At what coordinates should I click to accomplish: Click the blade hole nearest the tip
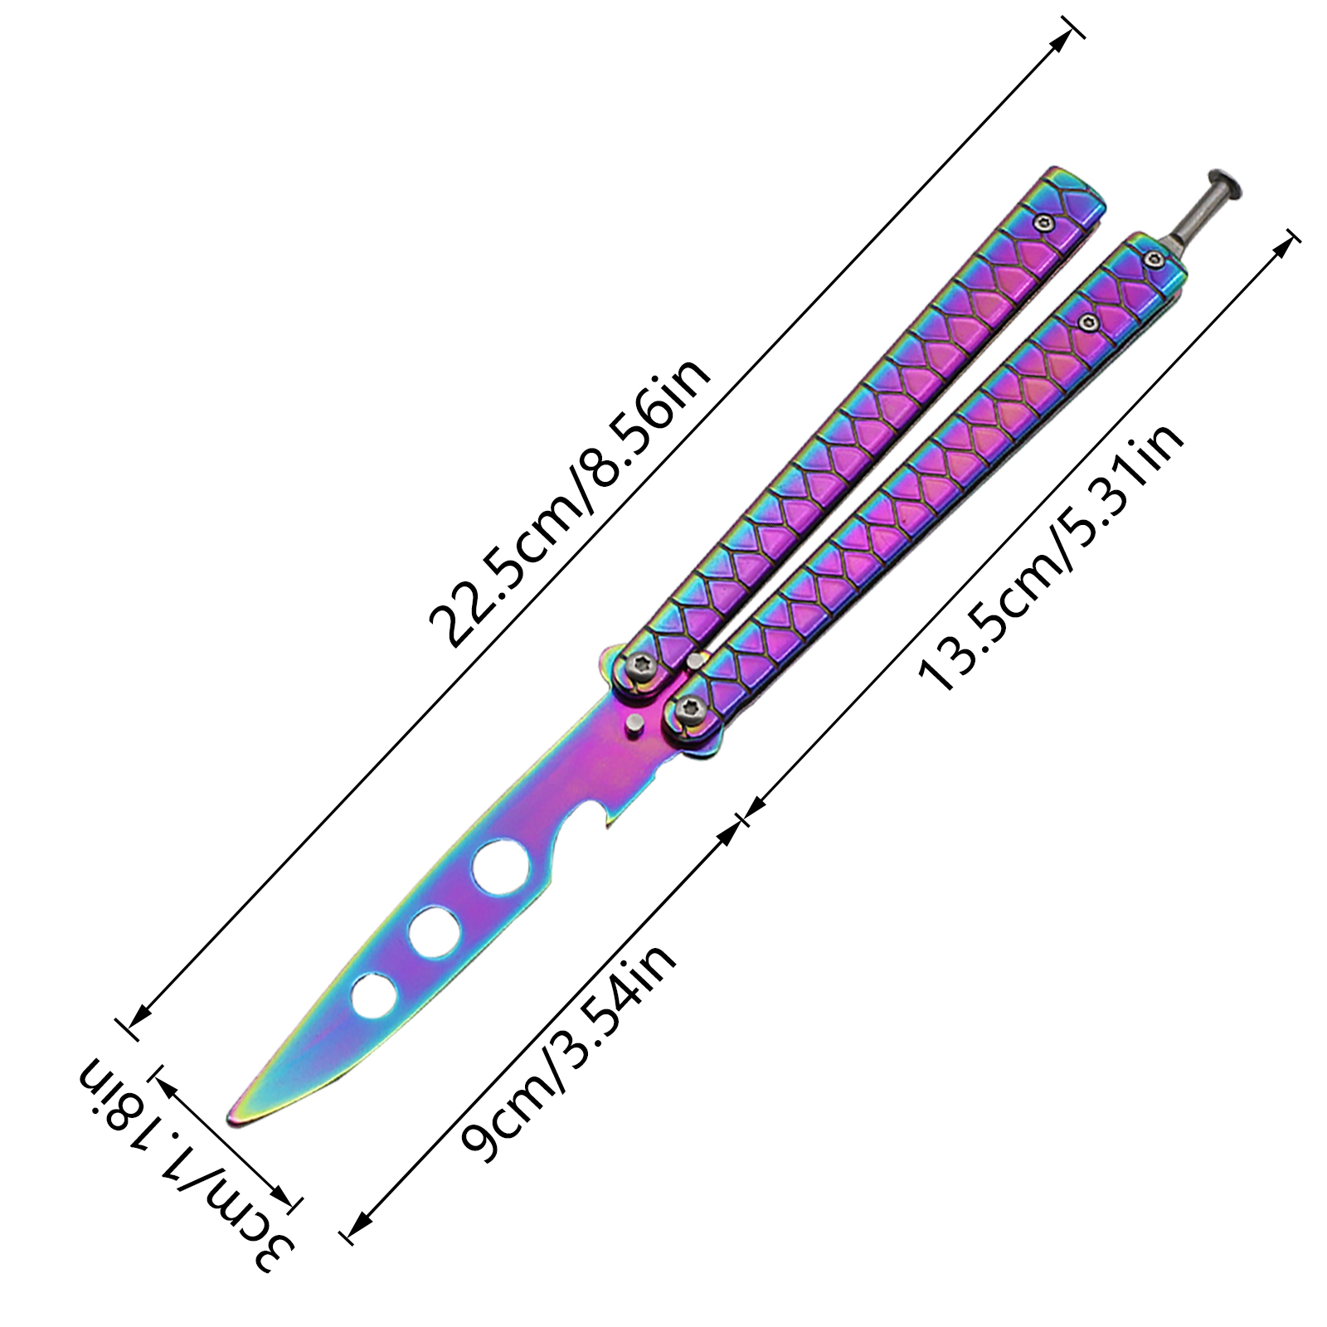(373, 996)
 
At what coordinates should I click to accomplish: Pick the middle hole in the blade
(435, 932)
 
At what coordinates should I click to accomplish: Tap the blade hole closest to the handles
(501, 868)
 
